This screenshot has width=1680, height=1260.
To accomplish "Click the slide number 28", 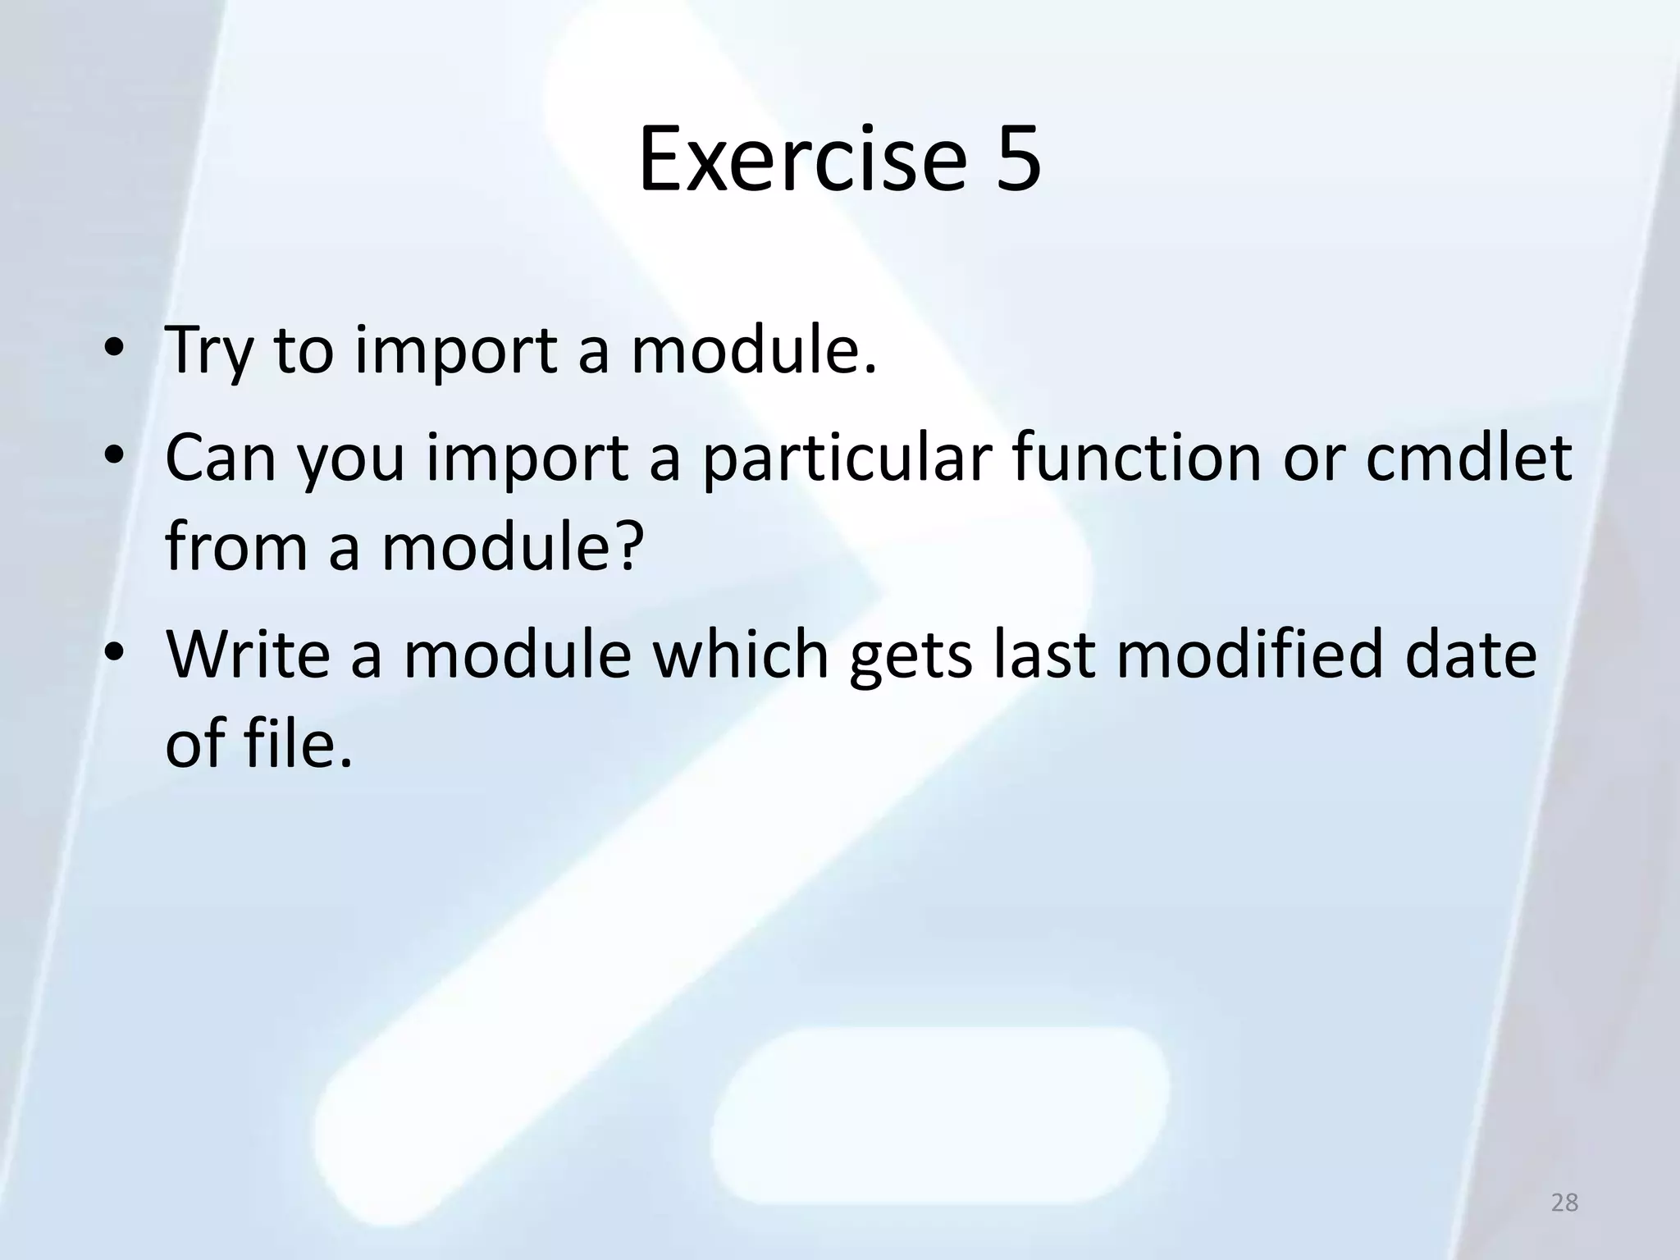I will (x=1565, y=1203).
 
